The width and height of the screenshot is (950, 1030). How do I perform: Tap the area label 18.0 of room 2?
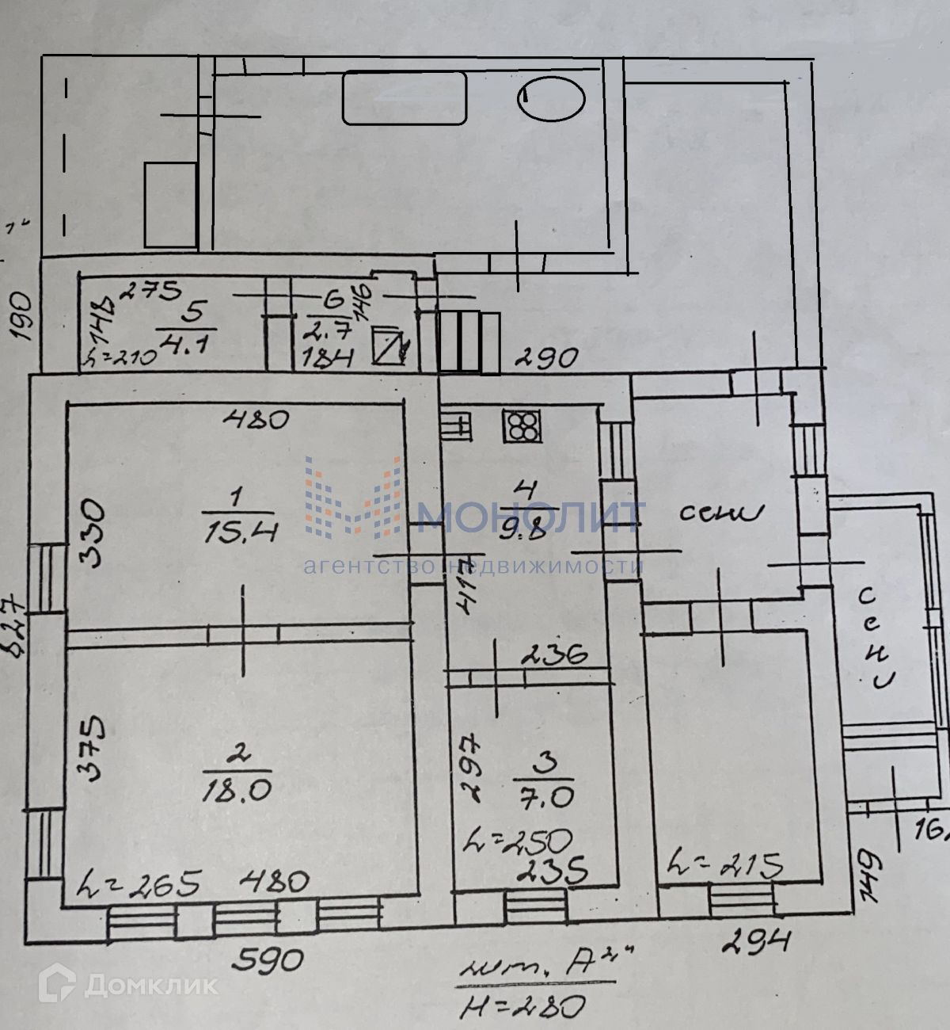pos(237,788)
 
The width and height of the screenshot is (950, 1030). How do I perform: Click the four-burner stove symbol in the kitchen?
pos(521,425)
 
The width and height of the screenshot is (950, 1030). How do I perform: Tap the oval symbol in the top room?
pos(551,98)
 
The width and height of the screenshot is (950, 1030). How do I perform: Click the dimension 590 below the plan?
pos(269,959)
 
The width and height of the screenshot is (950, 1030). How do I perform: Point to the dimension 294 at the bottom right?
pos(757,940)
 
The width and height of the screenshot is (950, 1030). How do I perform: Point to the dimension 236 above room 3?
pos(554,655)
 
